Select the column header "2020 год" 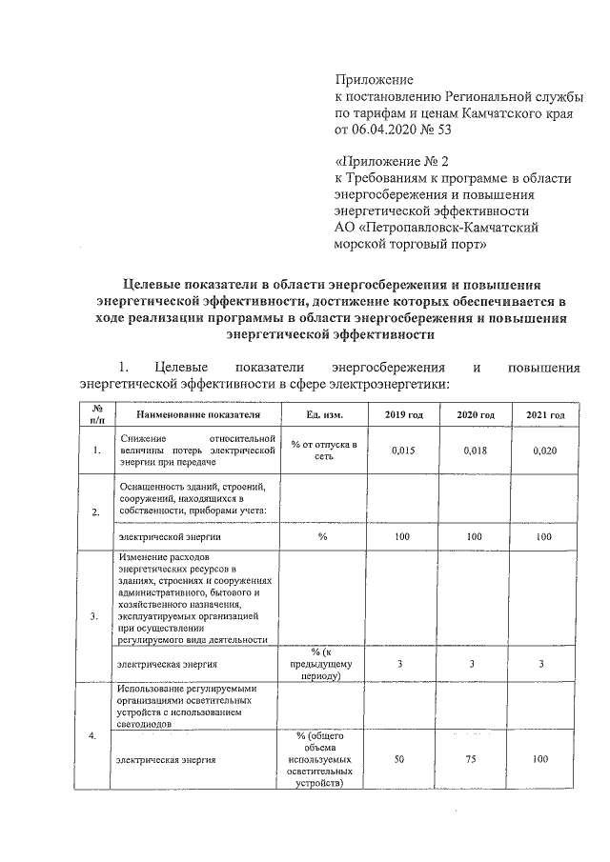point(475,416)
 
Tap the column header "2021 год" point(545,416)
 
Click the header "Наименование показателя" point(197,416)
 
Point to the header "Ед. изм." point(324,416)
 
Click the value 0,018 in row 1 point(475,451)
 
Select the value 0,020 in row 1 point(545,451)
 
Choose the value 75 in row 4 point(475,760)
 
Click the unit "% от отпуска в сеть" point(324,451)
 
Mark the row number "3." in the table point(94,617)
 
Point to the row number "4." point(94,735)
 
